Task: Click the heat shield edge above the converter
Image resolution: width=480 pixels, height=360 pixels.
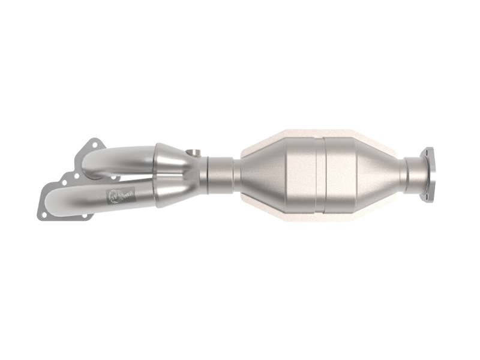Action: point(312,133)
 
